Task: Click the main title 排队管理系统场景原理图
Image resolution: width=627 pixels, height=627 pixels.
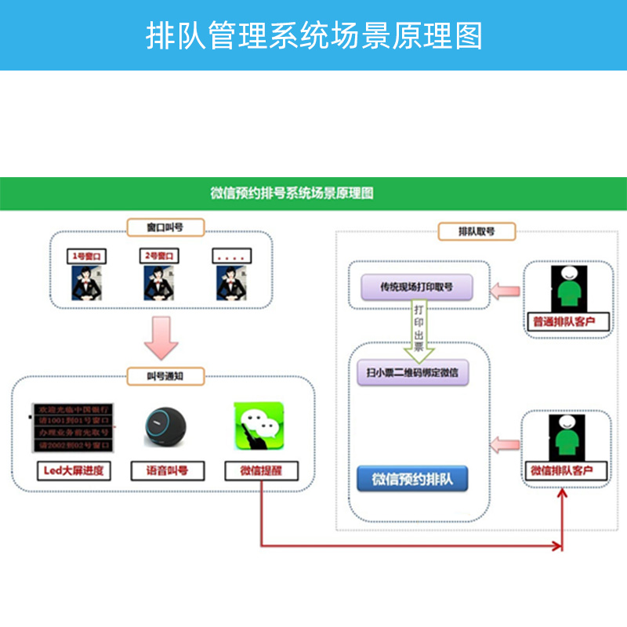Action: (313, 35)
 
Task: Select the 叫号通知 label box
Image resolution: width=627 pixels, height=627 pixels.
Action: (165, 376)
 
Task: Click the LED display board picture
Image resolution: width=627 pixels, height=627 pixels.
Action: (71, 428)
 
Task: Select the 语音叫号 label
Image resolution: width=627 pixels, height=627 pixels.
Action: (166, 471)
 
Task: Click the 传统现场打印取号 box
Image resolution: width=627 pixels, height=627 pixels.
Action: (417, 288)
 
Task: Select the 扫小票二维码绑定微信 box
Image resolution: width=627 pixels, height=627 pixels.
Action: (412, 371)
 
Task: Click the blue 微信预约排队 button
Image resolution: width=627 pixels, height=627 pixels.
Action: (412, 478)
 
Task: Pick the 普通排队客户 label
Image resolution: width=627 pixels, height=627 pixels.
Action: (564, 322)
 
